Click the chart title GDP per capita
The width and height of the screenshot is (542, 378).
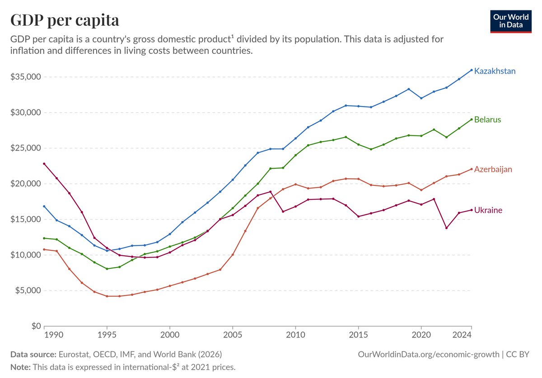pyautogui.click(x=65, y=20)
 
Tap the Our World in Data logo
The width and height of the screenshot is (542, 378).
pyautogui.click(x=511, y=21)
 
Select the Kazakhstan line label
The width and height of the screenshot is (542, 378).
pyautogui.click(x=495, y=71)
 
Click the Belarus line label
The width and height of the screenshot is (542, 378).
pyautogui.click(x=487, y=120)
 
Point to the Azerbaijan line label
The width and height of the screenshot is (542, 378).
pyautogui.click(x=493, y=169)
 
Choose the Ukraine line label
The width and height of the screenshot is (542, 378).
pyautogui.click(x=488, y=210)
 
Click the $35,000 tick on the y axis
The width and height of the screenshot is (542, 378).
pyautogui.click(x=25, y=77)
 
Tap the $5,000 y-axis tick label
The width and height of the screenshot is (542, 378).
pyautogui.click(x=28, y=290)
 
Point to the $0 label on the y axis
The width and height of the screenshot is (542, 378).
pyautogui.click(x=36, y=326)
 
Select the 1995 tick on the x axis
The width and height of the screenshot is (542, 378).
pyautogui.click(x=107, y=335)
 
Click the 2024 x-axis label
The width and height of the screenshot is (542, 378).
pyautogui.click(x=462, y=335)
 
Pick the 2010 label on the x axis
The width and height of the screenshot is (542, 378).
pyautogui.click(x=295, y=335)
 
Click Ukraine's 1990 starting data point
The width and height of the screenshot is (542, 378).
pyautogui.click(x=44, y=164)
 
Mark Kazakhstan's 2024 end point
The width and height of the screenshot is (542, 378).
pyautogui.click(x=472, y=70)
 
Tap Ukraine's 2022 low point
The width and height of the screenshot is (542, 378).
pyautogui.click(x=446, y=228)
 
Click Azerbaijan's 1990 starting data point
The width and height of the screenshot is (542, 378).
pyautogui.click(x=44, y=249)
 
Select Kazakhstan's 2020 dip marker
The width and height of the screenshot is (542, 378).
pyautogui.click(x=421, y=98)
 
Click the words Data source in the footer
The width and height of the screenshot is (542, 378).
pyautogui.click(x=33, y=354)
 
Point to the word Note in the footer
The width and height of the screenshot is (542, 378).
pyautogui.click(x=20, y=367)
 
